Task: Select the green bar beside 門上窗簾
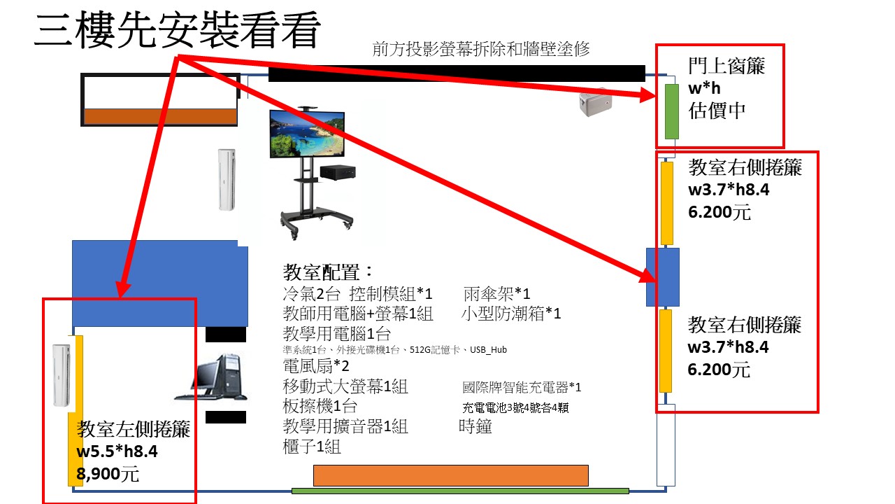pos(671,111)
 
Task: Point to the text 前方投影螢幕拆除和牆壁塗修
pos(482,49)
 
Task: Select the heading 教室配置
pos(329,272)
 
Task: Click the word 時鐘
pos(475,426)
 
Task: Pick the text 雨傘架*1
pos(496,293)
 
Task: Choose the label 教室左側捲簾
pos(133,428)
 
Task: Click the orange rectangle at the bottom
pos(450,475)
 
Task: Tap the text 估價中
pos(717,111)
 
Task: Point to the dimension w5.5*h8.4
pos(117,451)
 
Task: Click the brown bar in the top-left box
pos(160,116)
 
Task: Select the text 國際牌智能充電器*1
pos(522,387)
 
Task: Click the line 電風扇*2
pos(315,366)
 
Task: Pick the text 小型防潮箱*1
pos(511,313)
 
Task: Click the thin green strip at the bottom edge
pos(459,491)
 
